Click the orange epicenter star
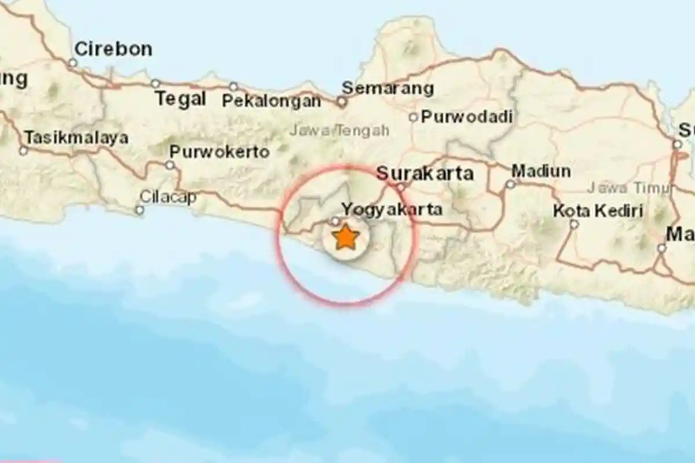[346, 238]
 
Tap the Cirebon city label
[114, 49]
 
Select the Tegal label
[181, 99]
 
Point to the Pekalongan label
[272, 101]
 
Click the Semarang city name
[387, 89]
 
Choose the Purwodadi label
[467, 117]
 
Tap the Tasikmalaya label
[76, 138]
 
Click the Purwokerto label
[220, 152]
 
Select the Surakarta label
[425, 173]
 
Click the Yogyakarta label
[392, 209]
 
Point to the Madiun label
[541, 171]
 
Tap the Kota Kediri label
[598, 211]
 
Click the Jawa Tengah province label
[339, 131]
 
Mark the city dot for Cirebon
[72, 63]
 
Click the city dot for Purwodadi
[413, 117]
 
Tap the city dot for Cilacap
[140, 210]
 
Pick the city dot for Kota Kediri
[573, 224]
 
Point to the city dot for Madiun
[510, 185]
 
